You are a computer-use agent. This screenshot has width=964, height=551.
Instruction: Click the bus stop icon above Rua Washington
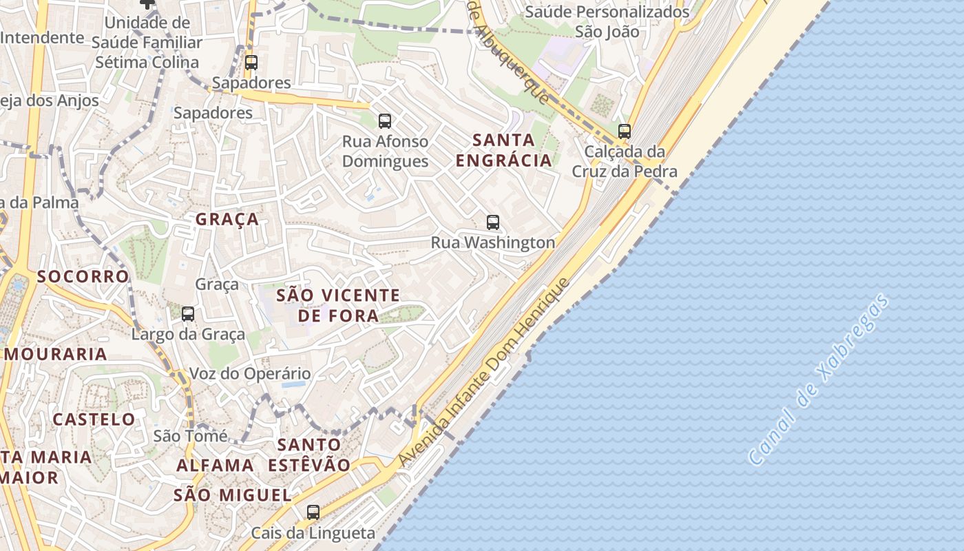tap(493, 222)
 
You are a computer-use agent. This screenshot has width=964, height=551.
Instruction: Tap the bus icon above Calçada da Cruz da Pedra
tap(625, 131)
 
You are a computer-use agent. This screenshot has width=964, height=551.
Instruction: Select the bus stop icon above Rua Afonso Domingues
tap(385, 121)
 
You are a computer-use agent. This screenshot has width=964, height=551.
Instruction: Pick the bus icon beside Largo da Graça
tap(188, 314)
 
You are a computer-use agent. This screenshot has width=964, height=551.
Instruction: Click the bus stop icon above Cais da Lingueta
tap(313, 512)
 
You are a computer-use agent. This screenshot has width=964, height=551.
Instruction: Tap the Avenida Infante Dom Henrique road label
tap(485, 372)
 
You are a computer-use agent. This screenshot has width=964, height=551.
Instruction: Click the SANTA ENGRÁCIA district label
tap(504, 150)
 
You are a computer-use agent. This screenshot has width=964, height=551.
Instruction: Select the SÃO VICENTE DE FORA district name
tap(338, 306)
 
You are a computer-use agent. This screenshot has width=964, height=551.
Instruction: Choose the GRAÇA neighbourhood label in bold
tap(227, 220)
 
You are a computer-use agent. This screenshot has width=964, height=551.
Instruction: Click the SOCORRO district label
tap(83, 277)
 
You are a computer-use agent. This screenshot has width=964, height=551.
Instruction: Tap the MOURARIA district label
tap(56, 355)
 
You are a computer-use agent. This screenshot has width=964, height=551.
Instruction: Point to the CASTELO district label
tap(94, 419)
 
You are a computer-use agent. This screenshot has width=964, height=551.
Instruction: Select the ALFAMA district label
tap(216, 466)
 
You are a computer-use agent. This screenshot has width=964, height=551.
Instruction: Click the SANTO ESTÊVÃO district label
tap(309, 455)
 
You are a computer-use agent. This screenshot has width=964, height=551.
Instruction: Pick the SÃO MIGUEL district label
tap(233, 495)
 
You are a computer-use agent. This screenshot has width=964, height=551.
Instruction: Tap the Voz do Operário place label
tap(250, 374)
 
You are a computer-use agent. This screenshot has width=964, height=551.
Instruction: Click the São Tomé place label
tap(190, 436)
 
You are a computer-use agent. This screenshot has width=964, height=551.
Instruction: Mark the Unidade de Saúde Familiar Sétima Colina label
tap(148, 42)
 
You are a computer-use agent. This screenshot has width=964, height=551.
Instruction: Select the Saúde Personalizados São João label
tap(607, 21)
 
